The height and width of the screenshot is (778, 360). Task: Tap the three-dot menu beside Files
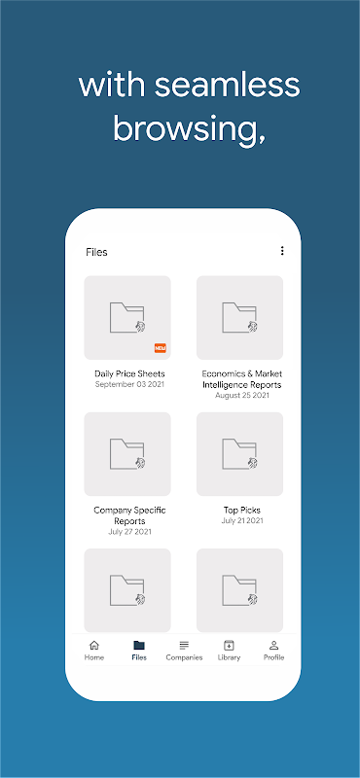(282, 251)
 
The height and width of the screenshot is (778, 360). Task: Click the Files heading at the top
(96, 252)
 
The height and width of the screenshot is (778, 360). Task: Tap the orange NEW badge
(160, 348)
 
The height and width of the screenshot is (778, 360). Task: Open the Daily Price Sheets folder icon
(127, 318)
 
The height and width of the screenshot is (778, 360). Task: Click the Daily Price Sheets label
(129, 373)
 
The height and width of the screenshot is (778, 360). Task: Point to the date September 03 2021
(129, 384)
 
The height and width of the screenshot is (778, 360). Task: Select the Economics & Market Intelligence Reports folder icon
(239, 318)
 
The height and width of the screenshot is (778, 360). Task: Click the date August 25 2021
(242, 396)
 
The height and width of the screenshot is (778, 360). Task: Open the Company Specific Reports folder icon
(127, 454)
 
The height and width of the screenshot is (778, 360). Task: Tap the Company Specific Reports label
(129, 515)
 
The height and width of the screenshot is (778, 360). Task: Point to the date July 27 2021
(129, 532)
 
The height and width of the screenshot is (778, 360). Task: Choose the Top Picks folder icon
(239, 454)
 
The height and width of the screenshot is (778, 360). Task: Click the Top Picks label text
(242, 510)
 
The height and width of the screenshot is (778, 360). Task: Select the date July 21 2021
(242, 520)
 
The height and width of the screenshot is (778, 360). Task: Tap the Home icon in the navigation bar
(93, 645)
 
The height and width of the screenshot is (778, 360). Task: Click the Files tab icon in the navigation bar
(139, 645)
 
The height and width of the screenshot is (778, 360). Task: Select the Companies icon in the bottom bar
(184, 645)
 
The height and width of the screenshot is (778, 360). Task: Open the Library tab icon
(229, 645)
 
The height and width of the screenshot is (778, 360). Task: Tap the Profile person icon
(273, 645)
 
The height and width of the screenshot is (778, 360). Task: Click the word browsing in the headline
(189, 130)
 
